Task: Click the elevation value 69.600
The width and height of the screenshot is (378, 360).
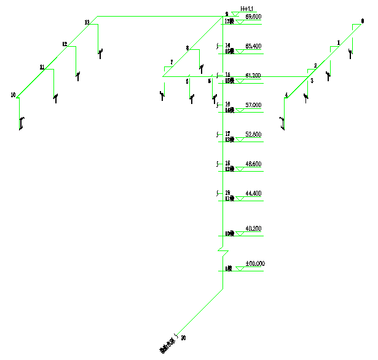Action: click(x=253, y=17)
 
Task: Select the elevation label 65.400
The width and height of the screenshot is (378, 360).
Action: click(x=253, y=46)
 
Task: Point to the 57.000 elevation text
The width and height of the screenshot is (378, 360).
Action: click(x=253, y=105)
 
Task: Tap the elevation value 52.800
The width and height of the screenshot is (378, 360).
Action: click(x=253, y=134)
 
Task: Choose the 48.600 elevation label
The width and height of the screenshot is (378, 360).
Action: click(x=253, y=164)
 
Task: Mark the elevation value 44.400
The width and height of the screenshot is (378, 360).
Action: click(x=253, y=193)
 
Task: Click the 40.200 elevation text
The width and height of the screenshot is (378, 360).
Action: click(x=253, y=229)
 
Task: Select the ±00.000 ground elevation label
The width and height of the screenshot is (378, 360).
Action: click(x=254, y=264)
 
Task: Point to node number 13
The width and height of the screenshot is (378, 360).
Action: click(x=87, y=23)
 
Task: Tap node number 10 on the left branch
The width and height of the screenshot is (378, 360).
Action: click(x=13, y=95)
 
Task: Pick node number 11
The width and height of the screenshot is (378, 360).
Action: click(x=42, y=66)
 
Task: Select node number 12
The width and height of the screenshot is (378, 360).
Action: click(x=65, y=44)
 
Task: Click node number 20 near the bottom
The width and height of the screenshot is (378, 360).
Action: click(x=184, y=338)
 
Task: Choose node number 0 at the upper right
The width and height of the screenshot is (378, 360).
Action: click(x=362, y=22)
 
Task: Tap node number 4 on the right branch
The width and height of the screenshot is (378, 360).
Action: click(x=286, y=95)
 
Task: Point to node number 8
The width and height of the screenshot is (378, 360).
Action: click(x=187, y=48)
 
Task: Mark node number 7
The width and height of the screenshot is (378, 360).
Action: click(x=171, y=62)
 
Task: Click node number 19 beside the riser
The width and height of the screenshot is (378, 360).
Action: click(x=227, y=193)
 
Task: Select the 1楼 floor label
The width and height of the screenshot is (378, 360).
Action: click(x=228, y=268)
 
